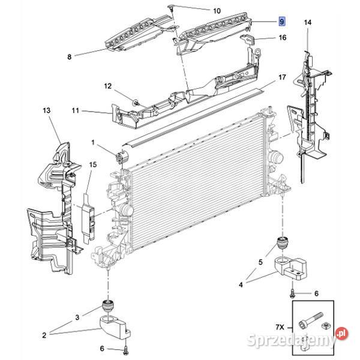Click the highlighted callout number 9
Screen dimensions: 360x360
pyautogui.click(x=282, y=22)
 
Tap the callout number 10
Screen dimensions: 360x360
pyautogui.click(x=217, y=11)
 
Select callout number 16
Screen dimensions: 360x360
pyautogui.click(x=283, y=37)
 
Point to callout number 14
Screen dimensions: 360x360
pyautogui.click(x=308, y=22)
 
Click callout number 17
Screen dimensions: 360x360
pyautogui.click(x=282, y=77)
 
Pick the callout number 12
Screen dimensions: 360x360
pyautogui.click(x=107, y=86)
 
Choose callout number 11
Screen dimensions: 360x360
pyautogui.click(x=76, y=110)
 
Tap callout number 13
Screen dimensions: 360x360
pyautogui.click(x=47, y=110)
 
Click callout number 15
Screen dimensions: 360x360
pyautogui.click(x=93, y=164)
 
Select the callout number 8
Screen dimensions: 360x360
pyautogui.click(x=70, y=57)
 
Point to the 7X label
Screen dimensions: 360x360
pyautogui.click(x=280, y=327)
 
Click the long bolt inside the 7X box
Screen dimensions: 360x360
pyautogui.click(x=311, y=320)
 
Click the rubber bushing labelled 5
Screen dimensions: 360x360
pyautogui.click(x=283, y=242)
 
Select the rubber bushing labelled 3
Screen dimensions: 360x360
pyautogui.click(x=107, y=306)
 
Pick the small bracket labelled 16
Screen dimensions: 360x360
pyautogui.click(x=248, y=39)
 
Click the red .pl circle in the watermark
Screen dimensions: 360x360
pyautogui.click(x=342, y=334)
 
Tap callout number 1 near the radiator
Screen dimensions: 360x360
pyautogui.click(x=93, y=143)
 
